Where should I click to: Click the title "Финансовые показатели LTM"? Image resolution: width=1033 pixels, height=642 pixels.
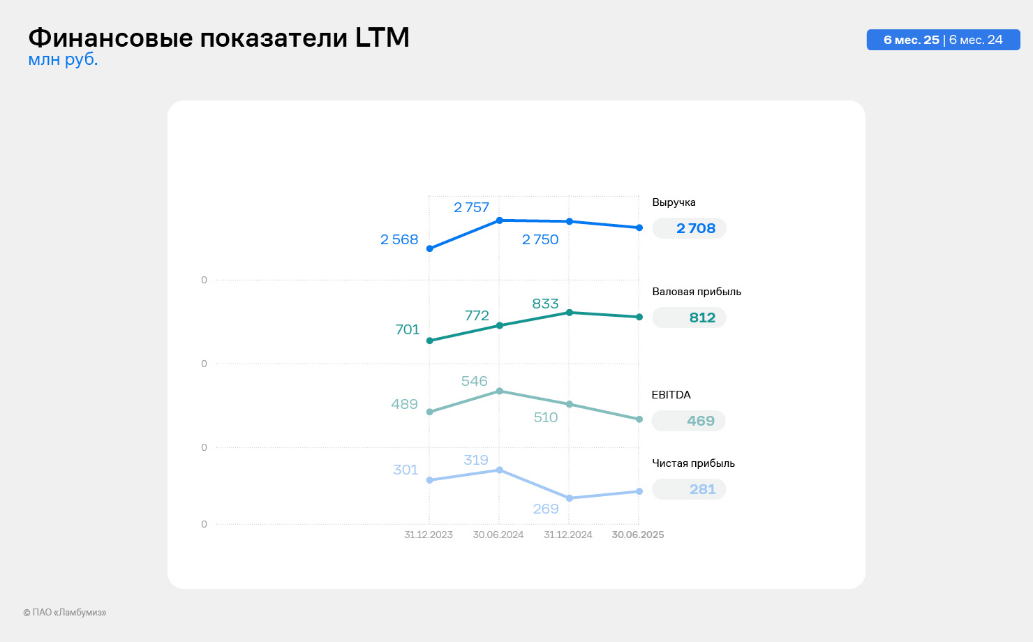pos(218,38)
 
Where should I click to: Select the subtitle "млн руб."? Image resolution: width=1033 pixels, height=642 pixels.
pos(63,60)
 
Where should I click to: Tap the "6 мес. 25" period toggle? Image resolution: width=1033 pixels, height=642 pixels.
pos(911,40)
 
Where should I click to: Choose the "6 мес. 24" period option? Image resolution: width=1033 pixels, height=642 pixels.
pos(976,40)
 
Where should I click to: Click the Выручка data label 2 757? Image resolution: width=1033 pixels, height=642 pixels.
pos(471,207)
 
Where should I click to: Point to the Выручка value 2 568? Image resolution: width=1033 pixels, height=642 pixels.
pos(399,239)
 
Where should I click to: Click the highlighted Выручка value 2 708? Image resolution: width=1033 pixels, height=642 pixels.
pos(695,228)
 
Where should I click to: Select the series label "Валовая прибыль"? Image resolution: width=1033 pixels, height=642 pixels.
pos(697,292)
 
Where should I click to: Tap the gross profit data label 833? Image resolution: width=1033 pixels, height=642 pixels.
pos(545,304)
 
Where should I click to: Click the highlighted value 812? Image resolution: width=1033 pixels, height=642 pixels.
pos(701,318)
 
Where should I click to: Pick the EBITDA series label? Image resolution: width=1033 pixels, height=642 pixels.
pos(671,395)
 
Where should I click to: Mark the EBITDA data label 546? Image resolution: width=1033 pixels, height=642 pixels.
pos(474,381)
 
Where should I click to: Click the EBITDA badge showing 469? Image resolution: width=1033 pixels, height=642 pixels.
pos(700,421)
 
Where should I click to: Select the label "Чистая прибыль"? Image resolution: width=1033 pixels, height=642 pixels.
pos(693,463)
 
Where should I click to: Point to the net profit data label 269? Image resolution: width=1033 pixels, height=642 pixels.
pos(546,509)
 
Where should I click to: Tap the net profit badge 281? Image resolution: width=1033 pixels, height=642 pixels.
pos(701,489)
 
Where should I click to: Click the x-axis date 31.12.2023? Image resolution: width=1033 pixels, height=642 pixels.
pos(429,535)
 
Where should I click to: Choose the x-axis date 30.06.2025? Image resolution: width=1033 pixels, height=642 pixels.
pos(638,535)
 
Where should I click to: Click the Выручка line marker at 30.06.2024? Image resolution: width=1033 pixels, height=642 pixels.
pos(499,221)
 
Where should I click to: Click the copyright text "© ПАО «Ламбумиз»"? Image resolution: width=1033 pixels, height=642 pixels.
pos(64,613)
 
